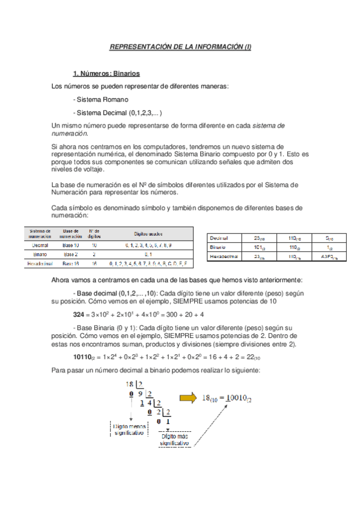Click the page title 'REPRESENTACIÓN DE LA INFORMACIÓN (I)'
[x=180, y=46]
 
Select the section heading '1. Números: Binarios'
[x=106, y=74]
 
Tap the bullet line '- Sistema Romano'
[x=100, y=99]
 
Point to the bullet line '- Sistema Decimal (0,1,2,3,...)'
[x=117, y=112]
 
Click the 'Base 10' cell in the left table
[x=71, y=245]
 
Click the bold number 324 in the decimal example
[x=78, y=314]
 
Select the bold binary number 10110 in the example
[x=83, y=357]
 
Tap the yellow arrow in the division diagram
[x=189, y=397]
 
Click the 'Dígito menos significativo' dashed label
[x=129, y=428]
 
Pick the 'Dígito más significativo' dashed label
[x=174, y=440]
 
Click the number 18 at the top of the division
[x=129, y=384]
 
